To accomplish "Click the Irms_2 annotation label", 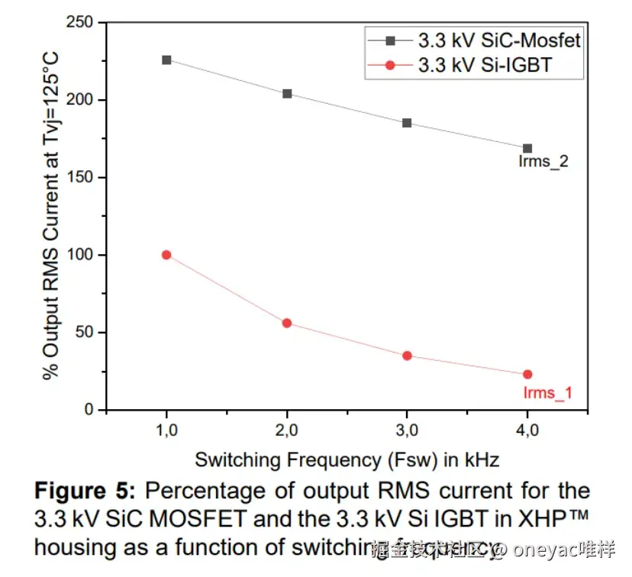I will pyautogui.click(x=542, y=162).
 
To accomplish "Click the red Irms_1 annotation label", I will pyautogui.click(x=547, y=394).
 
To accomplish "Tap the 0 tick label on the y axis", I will pyautogui.click(x=90, y=410).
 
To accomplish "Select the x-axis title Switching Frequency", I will pyautogui.click(x=347, y=460).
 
